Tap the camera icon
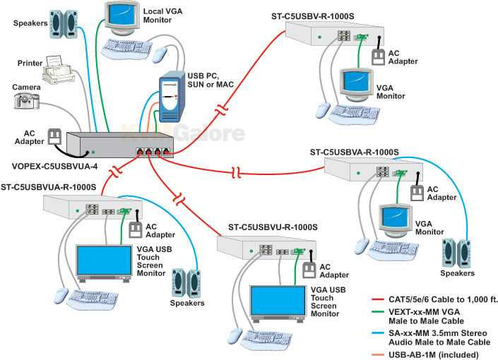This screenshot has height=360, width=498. click(x=25, y=101)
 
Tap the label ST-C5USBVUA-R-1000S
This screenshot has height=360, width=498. click(x=49, y=187)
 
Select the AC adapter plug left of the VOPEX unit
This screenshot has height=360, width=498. click(x=52, y=135)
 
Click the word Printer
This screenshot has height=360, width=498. click(x=30, y=64)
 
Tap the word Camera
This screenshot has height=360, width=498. click(x=25, y=88)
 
